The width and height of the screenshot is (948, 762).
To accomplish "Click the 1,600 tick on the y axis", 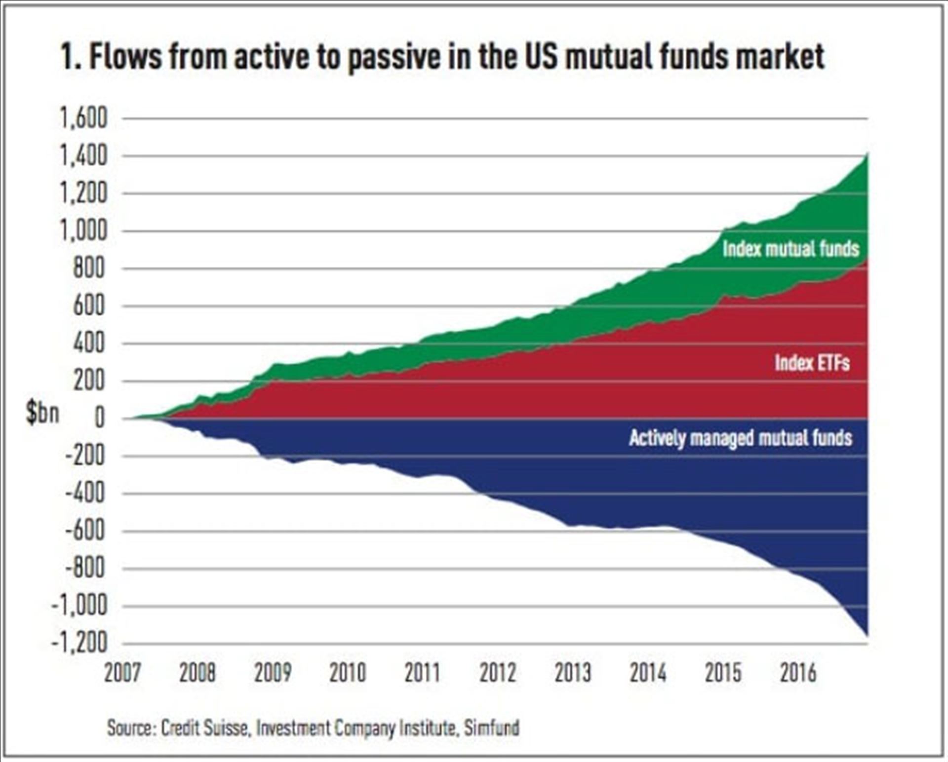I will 83,118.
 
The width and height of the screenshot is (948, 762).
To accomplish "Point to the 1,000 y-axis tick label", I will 83,231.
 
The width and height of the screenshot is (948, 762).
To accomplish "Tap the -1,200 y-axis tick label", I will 79,644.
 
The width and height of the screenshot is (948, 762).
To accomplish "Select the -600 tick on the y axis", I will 85,532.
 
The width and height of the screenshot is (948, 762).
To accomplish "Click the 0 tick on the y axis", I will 100,419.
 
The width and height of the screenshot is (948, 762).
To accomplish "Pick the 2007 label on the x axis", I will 122,673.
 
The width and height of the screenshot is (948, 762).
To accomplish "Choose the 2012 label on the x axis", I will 498,673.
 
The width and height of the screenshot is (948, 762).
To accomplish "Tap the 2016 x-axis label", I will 798,673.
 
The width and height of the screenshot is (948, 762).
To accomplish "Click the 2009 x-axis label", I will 273,673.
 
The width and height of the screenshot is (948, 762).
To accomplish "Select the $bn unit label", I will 42,413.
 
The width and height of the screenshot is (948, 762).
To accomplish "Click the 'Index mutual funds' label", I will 790,249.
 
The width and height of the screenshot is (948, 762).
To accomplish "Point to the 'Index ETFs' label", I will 812,363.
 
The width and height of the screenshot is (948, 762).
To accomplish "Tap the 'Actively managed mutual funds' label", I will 741,438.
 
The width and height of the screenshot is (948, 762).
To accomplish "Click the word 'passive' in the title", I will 394,57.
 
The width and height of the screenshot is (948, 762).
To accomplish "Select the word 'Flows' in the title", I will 125,56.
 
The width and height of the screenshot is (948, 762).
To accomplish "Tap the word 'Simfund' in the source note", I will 492,728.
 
